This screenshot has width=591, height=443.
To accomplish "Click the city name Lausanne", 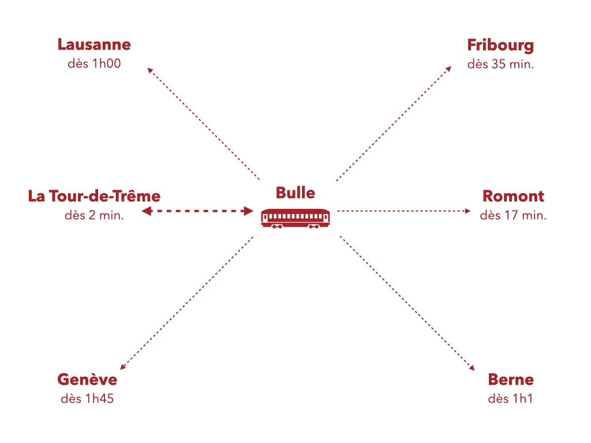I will click(94, 44).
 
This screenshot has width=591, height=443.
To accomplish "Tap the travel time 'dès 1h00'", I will click(94, 63).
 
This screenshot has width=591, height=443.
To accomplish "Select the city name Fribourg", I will click(500, 45).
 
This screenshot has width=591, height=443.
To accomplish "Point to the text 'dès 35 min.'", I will click(500, 64).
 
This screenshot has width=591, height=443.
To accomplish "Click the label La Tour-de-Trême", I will click(94, 196).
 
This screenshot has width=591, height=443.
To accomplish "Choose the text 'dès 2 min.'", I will click(94, 215).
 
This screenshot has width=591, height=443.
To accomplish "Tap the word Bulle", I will click(295, 192).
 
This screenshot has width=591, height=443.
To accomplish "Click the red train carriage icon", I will click(295, 217).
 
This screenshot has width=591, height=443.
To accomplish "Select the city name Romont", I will click(513, 196).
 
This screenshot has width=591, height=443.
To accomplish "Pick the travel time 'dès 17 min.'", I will click(513, 215).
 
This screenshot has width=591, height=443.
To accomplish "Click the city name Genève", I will click(87, 380).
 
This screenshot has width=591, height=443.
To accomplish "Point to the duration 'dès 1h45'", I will click(87, 399).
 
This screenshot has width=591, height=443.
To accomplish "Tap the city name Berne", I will click(510, 380).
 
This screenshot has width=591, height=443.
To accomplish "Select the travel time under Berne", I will click(510, 399).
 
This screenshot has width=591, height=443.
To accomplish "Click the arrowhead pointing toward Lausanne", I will click(150, 70).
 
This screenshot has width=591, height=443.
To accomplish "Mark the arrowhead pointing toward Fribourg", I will click(449, 69).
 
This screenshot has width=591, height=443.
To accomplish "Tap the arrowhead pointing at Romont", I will click(468, 211).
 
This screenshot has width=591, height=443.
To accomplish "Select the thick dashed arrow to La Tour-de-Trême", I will click(197, 211).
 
